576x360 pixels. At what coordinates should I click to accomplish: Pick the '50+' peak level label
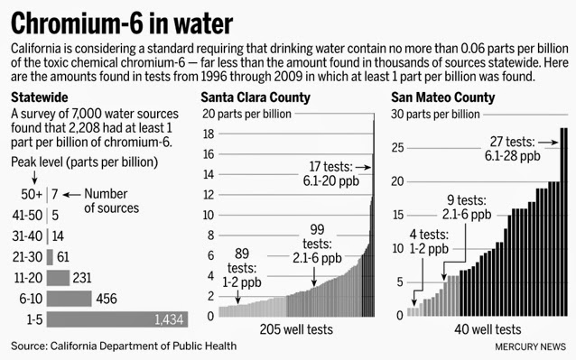coord(32,194)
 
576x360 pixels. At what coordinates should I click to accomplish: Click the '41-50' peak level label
coord(28,215)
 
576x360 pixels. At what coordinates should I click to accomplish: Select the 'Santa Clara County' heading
coord(255,97)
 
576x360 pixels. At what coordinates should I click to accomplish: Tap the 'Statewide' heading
coord(38,97)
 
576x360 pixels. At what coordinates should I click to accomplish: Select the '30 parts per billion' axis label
coord(438,114)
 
